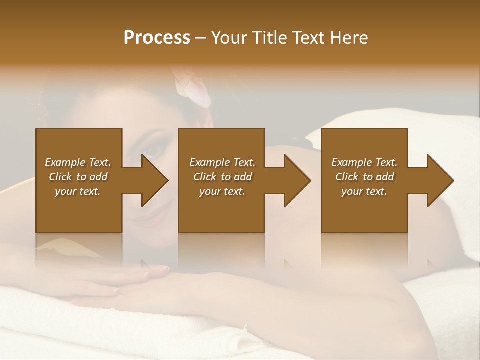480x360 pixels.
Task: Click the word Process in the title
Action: pos(157,38)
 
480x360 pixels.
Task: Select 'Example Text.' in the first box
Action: pos(78,162)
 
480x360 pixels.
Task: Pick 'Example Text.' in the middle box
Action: pos(222,162)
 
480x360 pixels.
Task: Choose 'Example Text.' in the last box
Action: pos(364,162)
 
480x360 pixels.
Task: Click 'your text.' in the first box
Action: pos(78,191)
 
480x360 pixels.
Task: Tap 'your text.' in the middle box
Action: pos(222,191)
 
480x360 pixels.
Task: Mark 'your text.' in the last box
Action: pos(364,191)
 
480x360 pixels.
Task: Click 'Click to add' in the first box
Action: pos(78,177)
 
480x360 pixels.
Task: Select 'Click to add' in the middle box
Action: pos(222,177)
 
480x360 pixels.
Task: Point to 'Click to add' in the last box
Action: pos(364,177)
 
